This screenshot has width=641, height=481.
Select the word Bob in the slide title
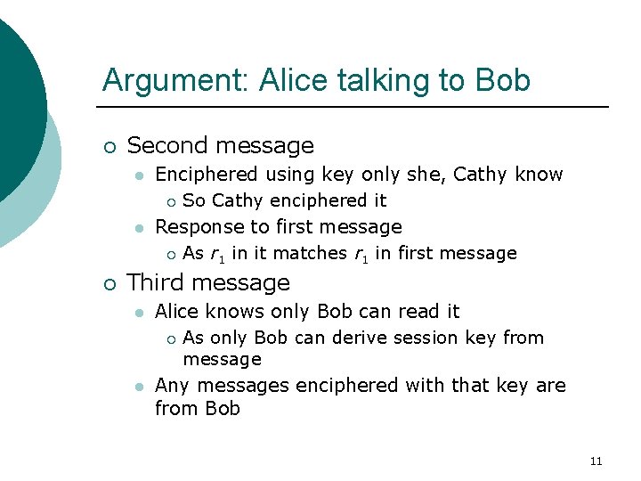(x=503, y=80)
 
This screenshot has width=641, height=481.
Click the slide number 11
(x=596, y=461)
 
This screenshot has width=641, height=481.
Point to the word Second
(x=170, y=145)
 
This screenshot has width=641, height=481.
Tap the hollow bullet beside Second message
(x=109, y=146)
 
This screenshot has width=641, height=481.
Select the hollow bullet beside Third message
(x=109, y=283)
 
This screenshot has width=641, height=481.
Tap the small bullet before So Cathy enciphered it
(x=170, y=201)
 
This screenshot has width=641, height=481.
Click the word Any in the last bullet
(x=173, y=386)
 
